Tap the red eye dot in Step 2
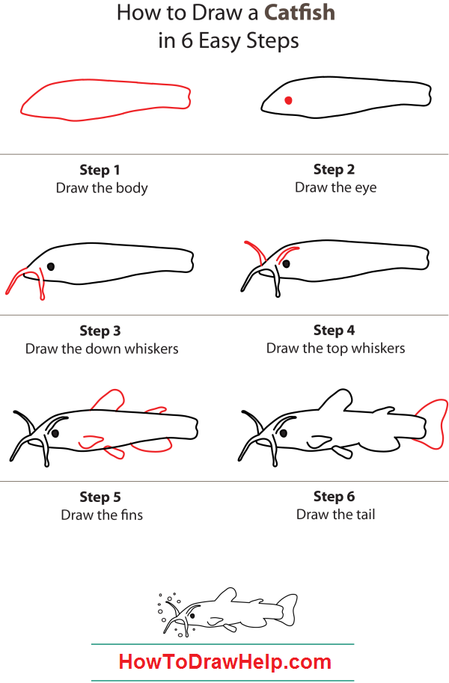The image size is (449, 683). pyautogui.click(x=288, y=100)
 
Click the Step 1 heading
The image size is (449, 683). pyautogui.click(x=100, y=170)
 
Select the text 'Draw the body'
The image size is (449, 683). pyautogui.click(x=102, y=188)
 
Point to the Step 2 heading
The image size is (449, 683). pyautogui.click(x=334, y=169)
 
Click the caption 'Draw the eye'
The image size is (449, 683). pyautogui.click(x=335, y=187)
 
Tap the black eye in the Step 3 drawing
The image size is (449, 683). pyautogui.click(x=51, y=266)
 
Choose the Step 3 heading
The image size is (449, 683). pyautogui.click(x=100, y=331)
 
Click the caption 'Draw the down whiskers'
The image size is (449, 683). pyautogui.click(x=102, y=349)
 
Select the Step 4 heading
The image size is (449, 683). pyautogui.click(x=334, y=330)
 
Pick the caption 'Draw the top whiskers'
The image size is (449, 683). pyautogui.click(x=335, y=348)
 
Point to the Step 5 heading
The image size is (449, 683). pyautogui.click(x=100, y=497)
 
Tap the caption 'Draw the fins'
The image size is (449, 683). pyautogui.click(x=102, y=515)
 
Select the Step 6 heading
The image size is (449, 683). pyautogui.click(x=334, y=496)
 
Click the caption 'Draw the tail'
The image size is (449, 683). pyautogui.click(x=335, y=514)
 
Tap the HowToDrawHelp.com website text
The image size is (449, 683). pyautogui.click(x=224, y=662)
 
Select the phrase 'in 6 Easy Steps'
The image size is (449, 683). pyautogui.click(x=228, y=40)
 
